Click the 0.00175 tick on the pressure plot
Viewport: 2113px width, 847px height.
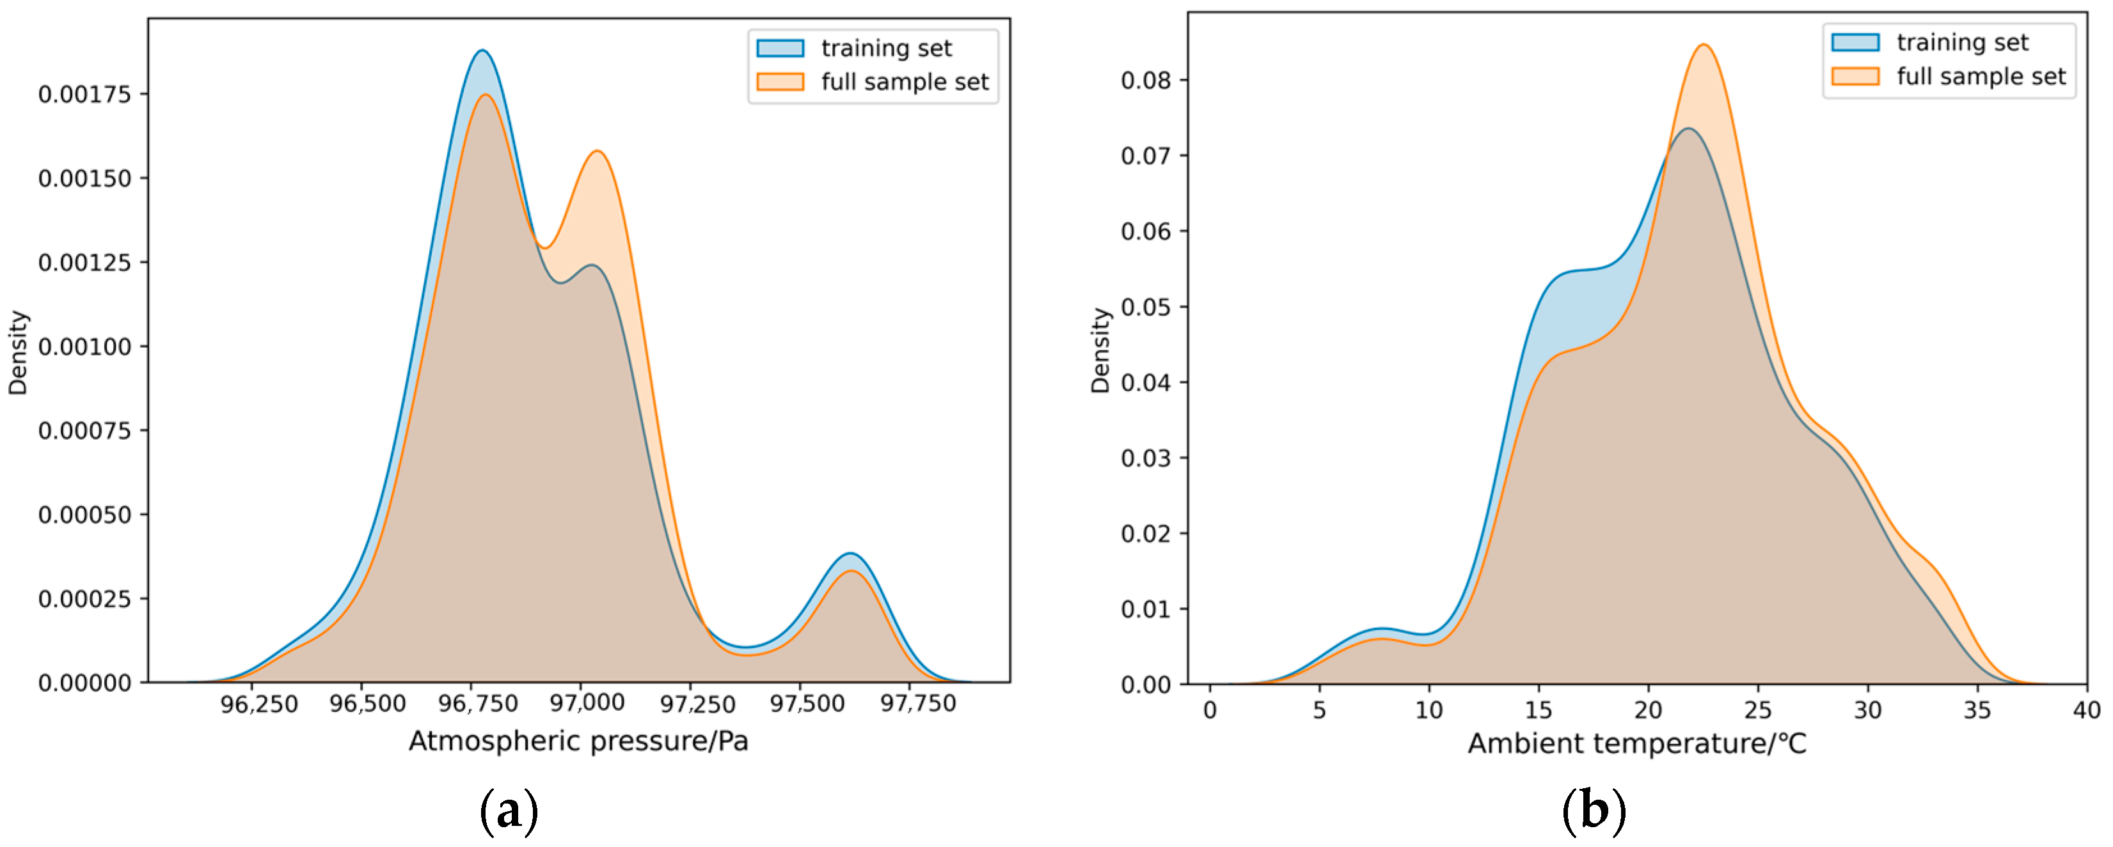[x=84, y=95]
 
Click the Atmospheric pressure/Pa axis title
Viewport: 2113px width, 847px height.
[x=578, y=742]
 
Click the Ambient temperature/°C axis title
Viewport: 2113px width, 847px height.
[x=1636, y=743]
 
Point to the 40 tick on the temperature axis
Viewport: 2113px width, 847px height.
[x=2087, y=710]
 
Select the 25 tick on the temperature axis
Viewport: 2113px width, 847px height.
[x=1758, y=710]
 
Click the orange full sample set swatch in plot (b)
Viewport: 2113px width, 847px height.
[x=1855, y=76]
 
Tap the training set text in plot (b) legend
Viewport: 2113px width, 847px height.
[x=1962, y=43]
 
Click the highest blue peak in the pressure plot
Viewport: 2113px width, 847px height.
[x=482, y=51]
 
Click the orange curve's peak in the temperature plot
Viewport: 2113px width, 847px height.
[x=1704, y=45]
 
